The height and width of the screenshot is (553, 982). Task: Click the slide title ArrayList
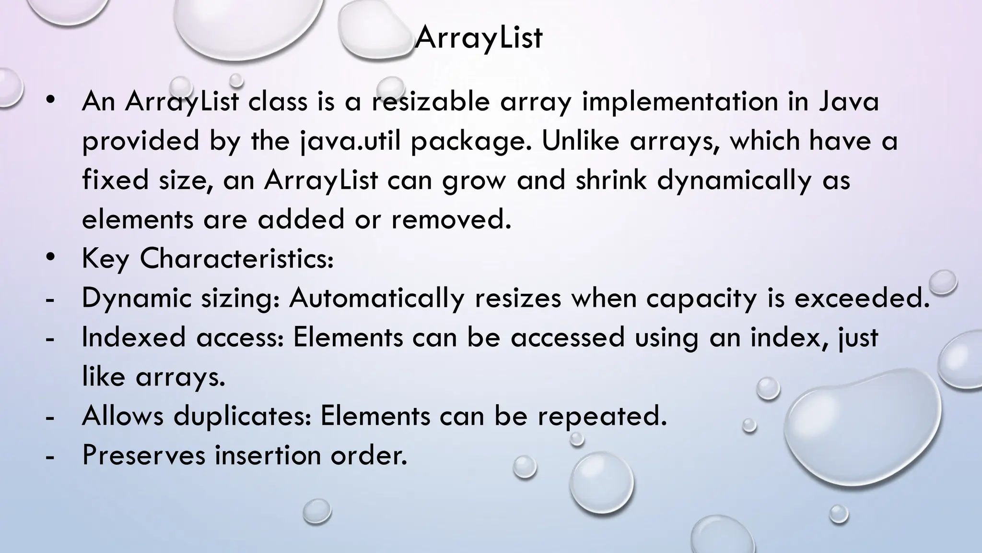(x=479, y=37)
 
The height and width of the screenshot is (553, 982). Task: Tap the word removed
(x=451, y=220)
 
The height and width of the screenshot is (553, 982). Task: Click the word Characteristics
(x=236, y=259)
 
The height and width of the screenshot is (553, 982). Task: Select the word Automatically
(x=377, y=299)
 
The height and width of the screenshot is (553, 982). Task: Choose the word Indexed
(x=134, y=337)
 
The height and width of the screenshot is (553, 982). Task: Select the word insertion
(x=268, y=455)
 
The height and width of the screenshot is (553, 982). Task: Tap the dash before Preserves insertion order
(x=48, y=457)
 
